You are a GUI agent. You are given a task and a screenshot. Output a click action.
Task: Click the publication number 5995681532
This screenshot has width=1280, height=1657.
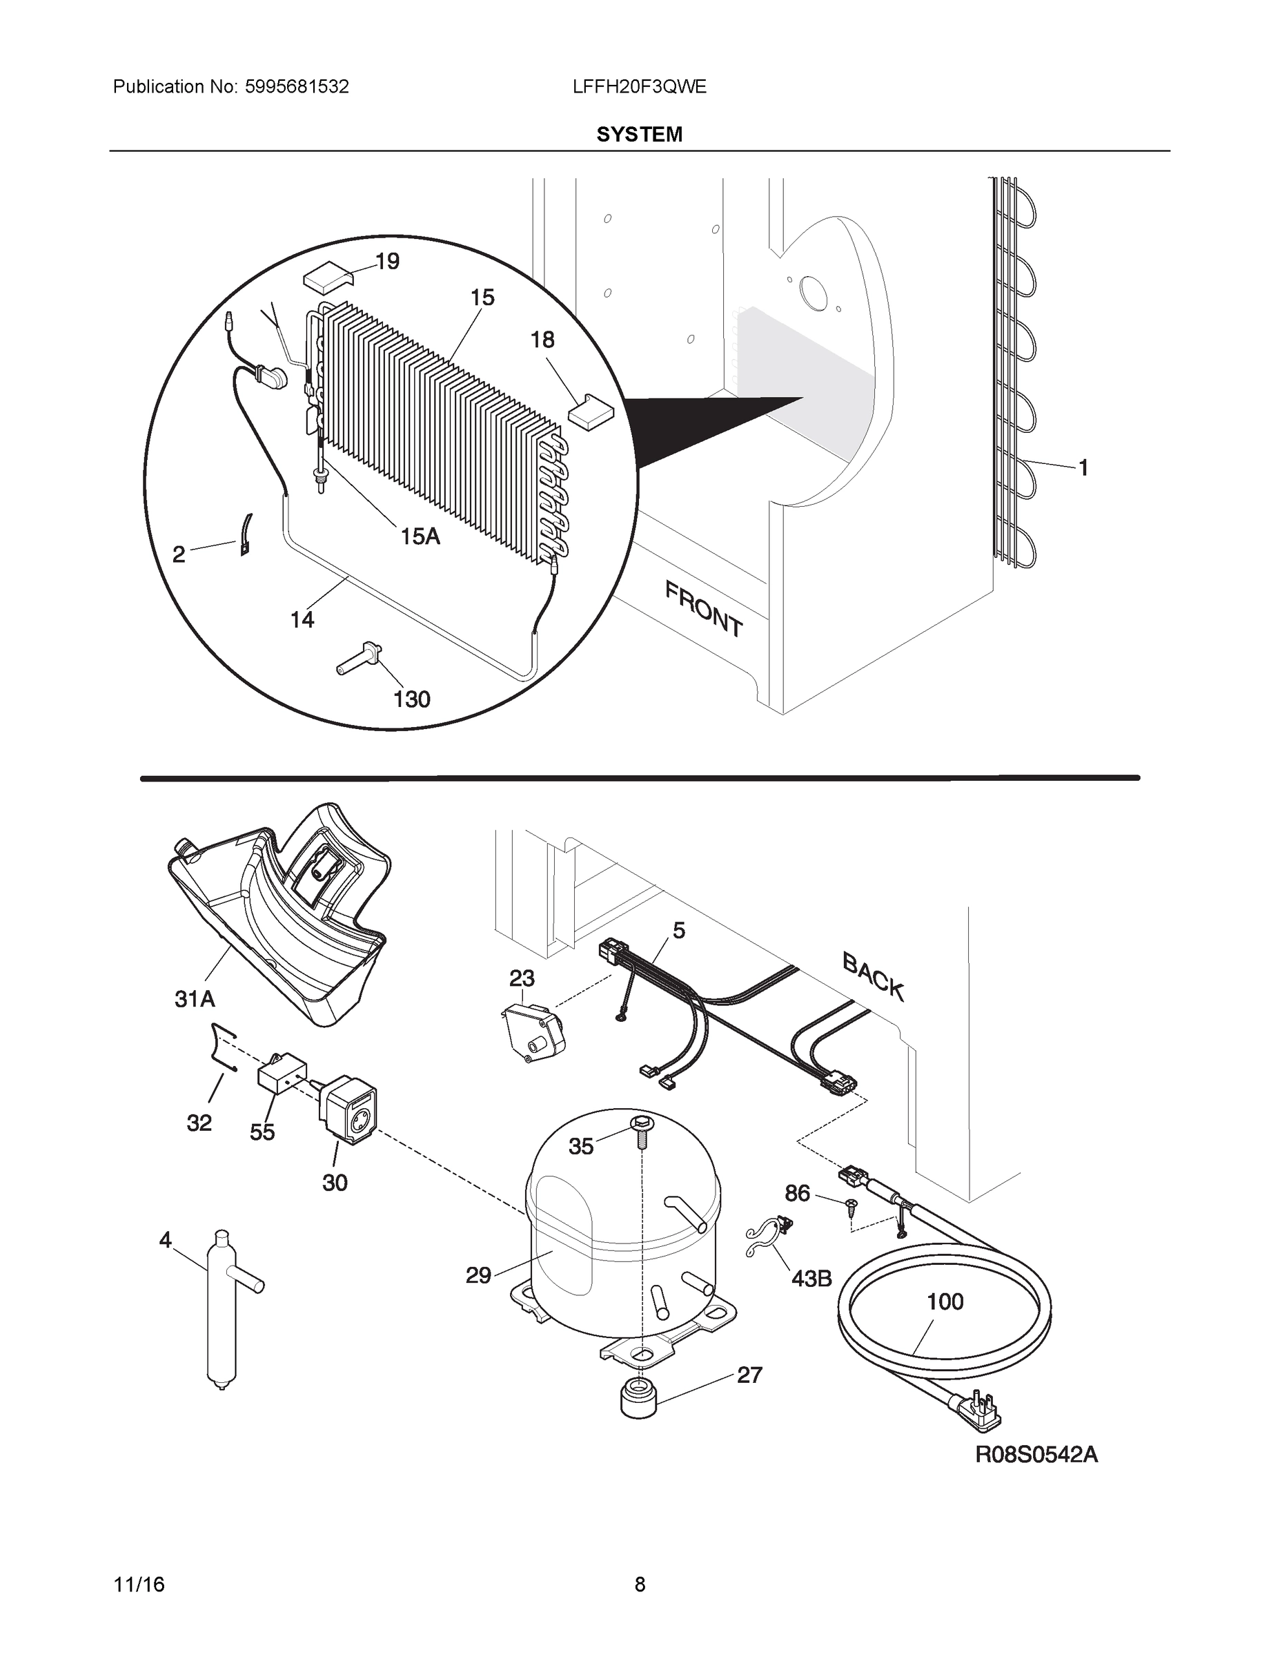tap(297, 86)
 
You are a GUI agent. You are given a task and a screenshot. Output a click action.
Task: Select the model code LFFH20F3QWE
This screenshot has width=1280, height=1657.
tap(639, 86)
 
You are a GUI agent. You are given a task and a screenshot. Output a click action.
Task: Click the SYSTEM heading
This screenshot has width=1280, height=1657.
tap(639, 135)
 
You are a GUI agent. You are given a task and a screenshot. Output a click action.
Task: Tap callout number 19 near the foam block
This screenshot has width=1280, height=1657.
tap(388, 261)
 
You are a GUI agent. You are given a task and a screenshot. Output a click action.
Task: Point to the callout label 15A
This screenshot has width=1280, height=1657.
tap(420, 536)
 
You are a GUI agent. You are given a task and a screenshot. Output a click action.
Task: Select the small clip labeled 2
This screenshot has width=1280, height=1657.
tap(246, 535)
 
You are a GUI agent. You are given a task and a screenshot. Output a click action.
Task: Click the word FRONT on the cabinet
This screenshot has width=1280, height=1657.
tap(704, 608)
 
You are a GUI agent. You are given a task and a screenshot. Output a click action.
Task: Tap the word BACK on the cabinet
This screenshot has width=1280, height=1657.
tap(874, 976)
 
